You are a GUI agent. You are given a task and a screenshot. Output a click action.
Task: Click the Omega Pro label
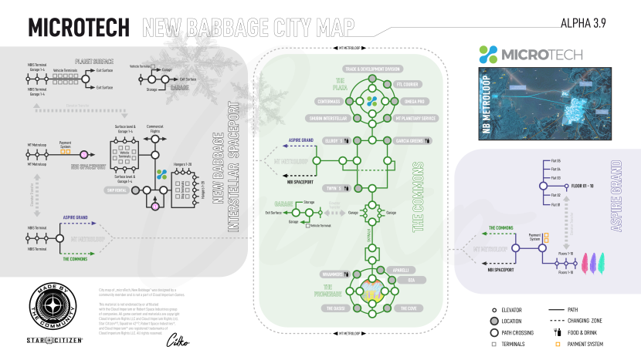tap(409, 102)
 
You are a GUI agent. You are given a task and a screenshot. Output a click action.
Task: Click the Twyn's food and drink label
tap(334, 188)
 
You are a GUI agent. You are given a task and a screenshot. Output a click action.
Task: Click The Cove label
tap(407, 308)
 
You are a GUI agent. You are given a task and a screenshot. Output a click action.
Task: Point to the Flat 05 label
tap(556, 160)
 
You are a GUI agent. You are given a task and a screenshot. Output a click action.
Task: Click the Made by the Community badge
tap(59, 301)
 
